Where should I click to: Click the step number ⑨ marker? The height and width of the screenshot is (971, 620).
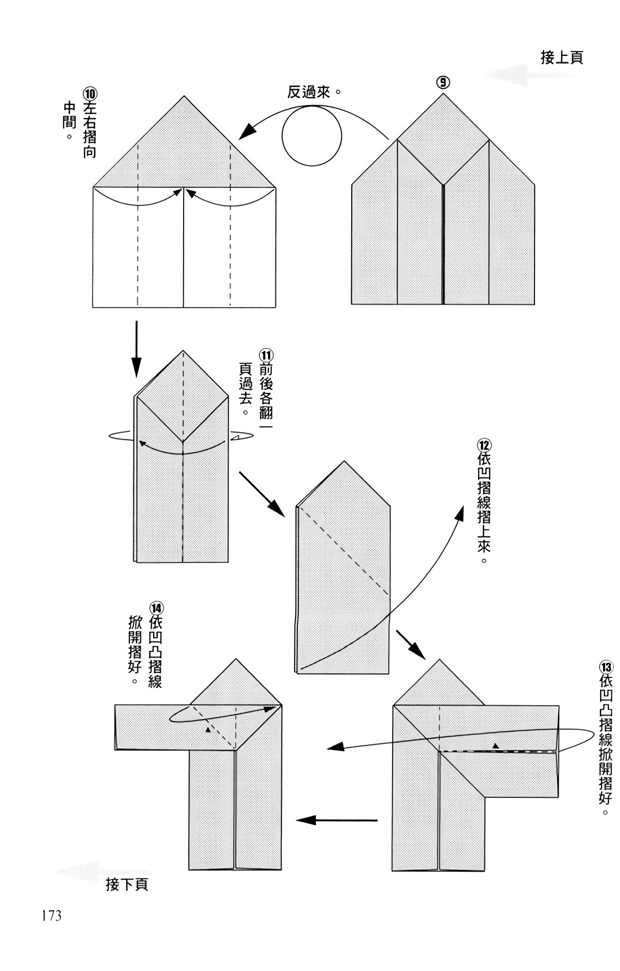(443, 83)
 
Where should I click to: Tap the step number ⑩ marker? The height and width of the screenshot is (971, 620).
(90, 93)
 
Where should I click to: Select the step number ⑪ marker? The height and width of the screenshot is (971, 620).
(266, 354)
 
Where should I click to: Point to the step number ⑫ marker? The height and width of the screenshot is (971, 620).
(484, 445)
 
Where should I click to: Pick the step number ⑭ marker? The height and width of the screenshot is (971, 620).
(156, 608)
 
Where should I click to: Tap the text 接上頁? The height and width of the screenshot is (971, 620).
(562, 58)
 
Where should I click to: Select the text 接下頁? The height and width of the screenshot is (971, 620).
(127, 885)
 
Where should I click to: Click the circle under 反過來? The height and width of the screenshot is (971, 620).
(312, 136)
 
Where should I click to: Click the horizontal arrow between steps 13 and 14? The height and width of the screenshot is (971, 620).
(337, 820)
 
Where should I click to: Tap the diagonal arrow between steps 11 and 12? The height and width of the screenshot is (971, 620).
(261, 494)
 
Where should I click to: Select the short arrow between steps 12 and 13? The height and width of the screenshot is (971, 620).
(411, 645)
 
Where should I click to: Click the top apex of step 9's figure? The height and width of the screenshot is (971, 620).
(443, 93)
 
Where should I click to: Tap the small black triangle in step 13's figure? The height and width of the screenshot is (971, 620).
(496, 745)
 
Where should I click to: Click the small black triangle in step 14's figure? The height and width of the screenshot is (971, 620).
(208, 729)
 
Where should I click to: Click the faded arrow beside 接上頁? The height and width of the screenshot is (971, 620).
(505, 75)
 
